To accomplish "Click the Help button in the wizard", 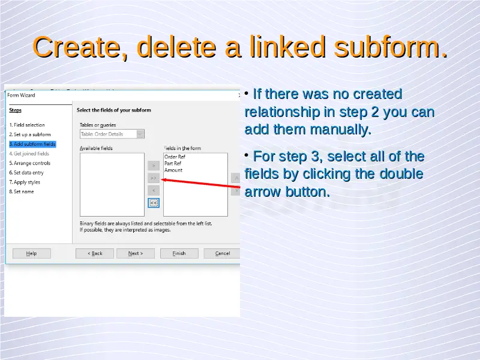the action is (32, 253).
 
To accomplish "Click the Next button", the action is (136, 253).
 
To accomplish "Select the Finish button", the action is (179, 253).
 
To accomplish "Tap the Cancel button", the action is (222, 253).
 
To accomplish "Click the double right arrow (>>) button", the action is (154, 178).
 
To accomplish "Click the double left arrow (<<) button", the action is (154, 203).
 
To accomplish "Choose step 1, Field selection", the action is (27, 125).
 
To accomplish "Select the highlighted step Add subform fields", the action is (32, 144).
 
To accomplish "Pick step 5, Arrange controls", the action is (29, 163).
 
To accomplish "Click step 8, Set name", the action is (22, 191).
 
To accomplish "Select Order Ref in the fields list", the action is (175, 157).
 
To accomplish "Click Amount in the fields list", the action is (173, 170).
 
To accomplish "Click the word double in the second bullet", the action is (401, 174).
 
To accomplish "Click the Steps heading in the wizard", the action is (16, 110).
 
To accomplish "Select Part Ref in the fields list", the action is (173, 163).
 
